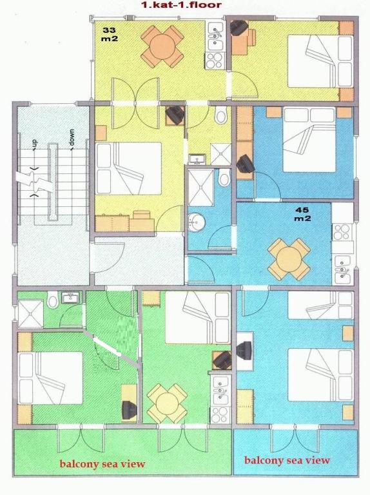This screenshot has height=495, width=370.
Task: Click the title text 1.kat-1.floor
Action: click(181, 5)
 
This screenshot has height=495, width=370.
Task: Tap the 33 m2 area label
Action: click(109, 34)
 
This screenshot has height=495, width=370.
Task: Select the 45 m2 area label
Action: click(302, 214)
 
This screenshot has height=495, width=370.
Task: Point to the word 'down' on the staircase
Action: click(72, 138)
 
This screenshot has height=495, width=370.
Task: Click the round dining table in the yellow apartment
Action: click(162, 46)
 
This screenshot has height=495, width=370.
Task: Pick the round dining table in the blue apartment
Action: click(289, 259)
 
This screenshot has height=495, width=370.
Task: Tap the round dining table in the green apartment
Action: click(168, 403)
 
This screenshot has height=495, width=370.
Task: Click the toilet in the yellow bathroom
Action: click(220, 115)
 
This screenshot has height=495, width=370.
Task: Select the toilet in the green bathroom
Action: click(52, 299)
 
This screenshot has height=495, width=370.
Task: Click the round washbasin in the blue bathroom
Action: click(196, 221)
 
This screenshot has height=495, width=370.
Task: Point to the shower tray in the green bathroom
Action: click(30, 313)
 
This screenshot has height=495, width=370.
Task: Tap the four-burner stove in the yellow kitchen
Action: click(215, 61)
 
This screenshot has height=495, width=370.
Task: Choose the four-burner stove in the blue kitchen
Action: click(342, 232)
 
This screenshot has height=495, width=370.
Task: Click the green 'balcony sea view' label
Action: click(102, 464)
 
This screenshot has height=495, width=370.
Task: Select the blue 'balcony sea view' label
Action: click(287, 460)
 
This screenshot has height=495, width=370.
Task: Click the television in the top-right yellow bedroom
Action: click(239, 28)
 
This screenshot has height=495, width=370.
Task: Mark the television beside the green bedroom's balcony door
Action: click(130, 410)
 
